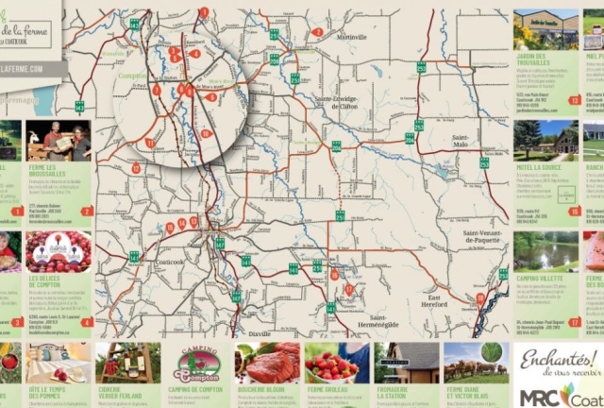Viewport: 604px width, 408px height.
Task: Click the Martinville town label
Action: tap(350, 37)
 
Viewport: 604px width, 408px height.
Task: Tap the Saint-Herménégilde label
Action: tap(392, 321)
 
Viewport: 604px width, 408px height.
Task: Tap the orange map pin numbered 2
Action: tap(318, 32)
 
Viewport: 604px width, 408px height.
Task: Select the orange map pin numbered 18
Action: tap(479, 298)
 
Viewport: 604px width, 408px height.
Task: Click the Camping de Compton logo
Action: tap(198, 364)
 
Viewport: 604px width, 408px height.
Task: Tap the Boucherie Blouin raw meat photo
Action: tap(267, 363)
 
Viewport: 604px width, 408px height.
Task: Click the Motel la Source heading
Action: tap(539, 167)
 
